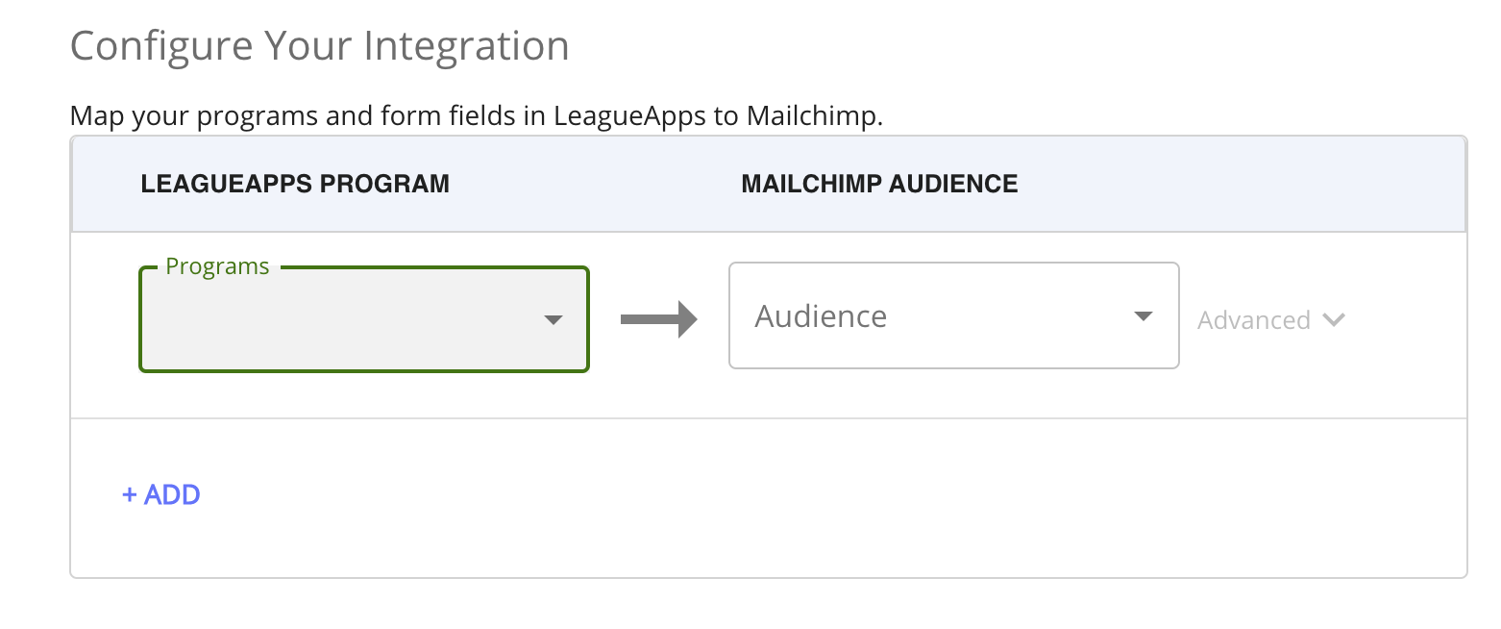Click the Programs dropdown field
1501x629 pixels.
pyautogui.click(x=346, y=320)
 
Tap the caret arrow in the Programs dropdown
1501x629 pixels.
pyautogui.click(x=553, y=320)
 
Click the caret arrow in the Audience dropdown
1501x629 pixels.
pyautogui.click(x=1143, y=316)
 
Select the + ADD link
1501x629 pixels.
pyautogui.click(x=161, y=495)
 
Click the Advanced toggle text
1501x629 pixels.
pyautogui.click(x=1253, y=320)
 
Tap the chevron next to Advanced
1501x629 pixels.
pyautogui.click(x=1333, y=319)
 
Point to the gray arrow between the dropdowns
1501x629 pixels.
pyautogui.click(x=658, y=319)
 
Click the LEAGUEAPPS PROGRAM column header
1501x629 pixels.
pyautogui.click(x=295, y=184)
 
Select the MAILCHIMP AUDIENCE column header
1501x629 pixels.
pyautogui.click(x=879, y=184)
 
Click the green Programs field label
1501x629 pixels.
pyautogui.click(x=217, y=266)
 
